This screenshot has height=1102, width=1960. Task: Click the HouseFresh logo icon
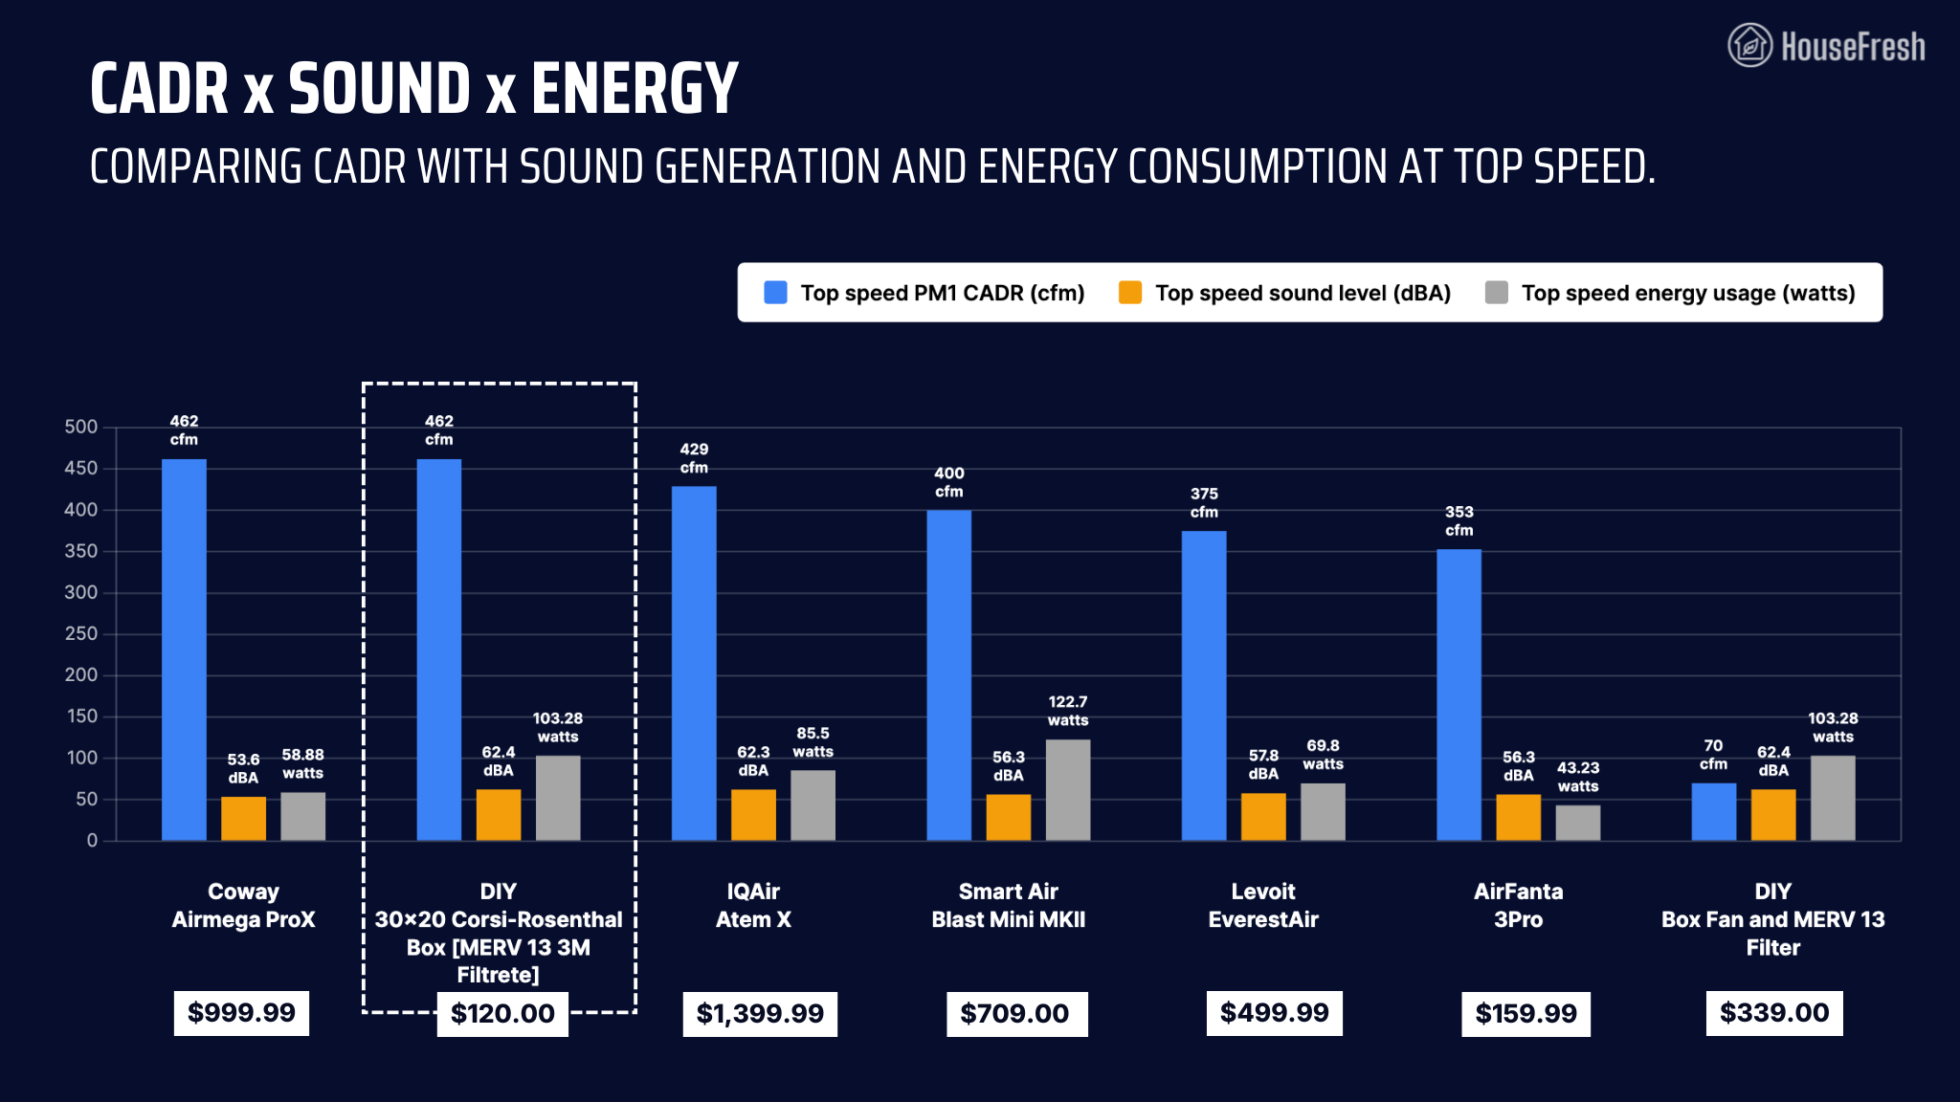click(1749, 45)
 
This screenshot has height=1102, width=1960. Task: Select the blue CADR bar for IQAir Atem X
click(694, 663)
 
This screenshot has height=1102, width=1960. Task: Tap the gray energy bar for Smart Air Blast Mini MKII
click(1068, 789)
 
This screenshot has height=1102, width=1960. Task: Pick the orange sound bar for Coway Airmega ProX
click(243, 818)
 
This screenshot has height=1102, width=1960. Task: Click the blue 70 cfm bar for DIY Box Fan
click(1713, 811)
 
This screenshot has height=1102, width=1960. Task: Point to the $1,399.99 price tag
click(760, 1014)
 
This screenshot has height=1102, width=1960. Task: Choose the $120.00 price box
click(502, 1014)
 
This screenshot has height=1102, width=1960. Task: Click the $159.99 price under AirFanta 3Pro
click(1526, 1014)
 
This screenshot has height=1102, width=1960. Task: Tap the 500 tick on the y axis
click(81, 427)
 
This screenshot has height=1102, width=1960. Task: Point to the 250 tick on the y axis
click(81, 633)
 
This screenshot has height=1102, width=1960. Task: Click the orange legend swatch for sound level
click(1130, 293)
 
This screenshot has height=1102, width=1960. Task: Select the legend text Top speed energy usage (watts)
click(1688, 293)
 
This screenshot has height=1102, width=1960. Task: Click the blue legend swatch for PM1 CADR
click(775, 293)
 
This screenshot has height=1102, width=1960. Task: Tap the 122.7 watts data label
click(1068, 711)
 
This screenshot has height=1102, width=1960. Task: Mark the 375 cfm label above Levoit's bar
click(1204, 503)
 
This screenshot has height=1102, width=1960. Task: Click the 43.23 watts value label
click(1578, 777)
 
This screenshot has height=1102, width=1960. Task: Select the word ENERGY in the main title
click(635, 88)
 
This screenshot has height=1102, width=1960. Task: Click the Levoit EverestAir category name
click(1263, 905)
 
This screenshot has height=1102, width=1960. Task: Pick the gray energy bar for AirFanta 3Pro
click(1578, 823)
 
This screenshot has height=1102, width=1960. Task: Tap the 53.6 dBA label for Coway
click(243, 768)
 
